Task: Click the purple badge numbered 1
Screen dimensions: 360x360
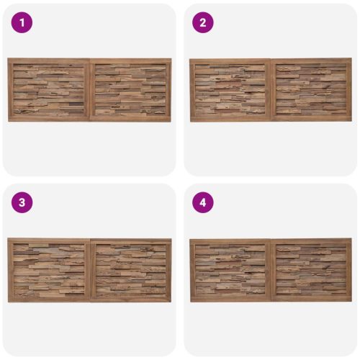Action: click(x=22, y=22)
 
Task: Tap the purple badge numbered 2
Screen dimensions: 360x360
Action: click(x=203, y=22)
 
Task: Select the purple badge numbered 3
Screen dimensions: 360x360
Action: click(x=22, y=202)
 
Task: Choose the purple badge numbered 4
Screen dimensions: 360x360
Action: click(x=203, y=202)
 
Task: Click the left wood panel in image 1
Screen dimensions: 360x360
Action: click(x=49, y=89)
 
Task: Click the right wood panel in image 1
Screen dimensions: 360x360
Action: click(x=130, y=90)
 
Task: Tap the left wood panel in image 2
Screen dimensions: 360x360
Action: click(x=230, y=90)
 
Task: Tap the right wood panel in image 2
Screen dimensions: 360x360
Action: click(x=311, y=89)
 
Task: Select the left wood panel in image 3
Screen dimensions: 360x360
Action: click(x=49, y=270)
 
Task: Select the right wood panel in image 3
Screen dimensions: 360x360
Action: click(x=130, y=270)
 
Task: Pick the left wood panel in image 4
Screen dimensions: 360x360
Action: click(x=230, y=271)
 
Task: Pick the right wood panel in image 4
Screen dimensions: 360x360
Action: click(x=311, y=270)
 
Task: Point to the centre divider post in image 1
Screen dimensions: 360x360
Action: click(x=90, y=90)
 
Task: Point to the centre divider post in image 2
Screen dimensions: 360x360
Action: click(x=271, y=90)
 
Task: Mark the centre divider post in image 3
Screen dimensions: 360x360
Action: click(x=90, y=270)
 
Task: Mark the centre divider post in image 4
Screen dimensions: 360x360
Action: click(x=271, y=270)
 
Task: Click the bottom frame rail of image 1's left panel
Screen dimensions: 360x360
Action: click(x=49, y=119)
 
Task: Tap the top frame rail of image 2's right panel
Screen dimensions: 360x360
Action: click(x=311, y=60)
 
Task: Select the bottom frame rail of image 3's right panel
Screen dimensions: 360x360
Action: click(x=130, y=299)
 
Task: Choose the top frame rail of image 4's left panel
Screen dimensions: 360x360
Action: click(x=230, y=242)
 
